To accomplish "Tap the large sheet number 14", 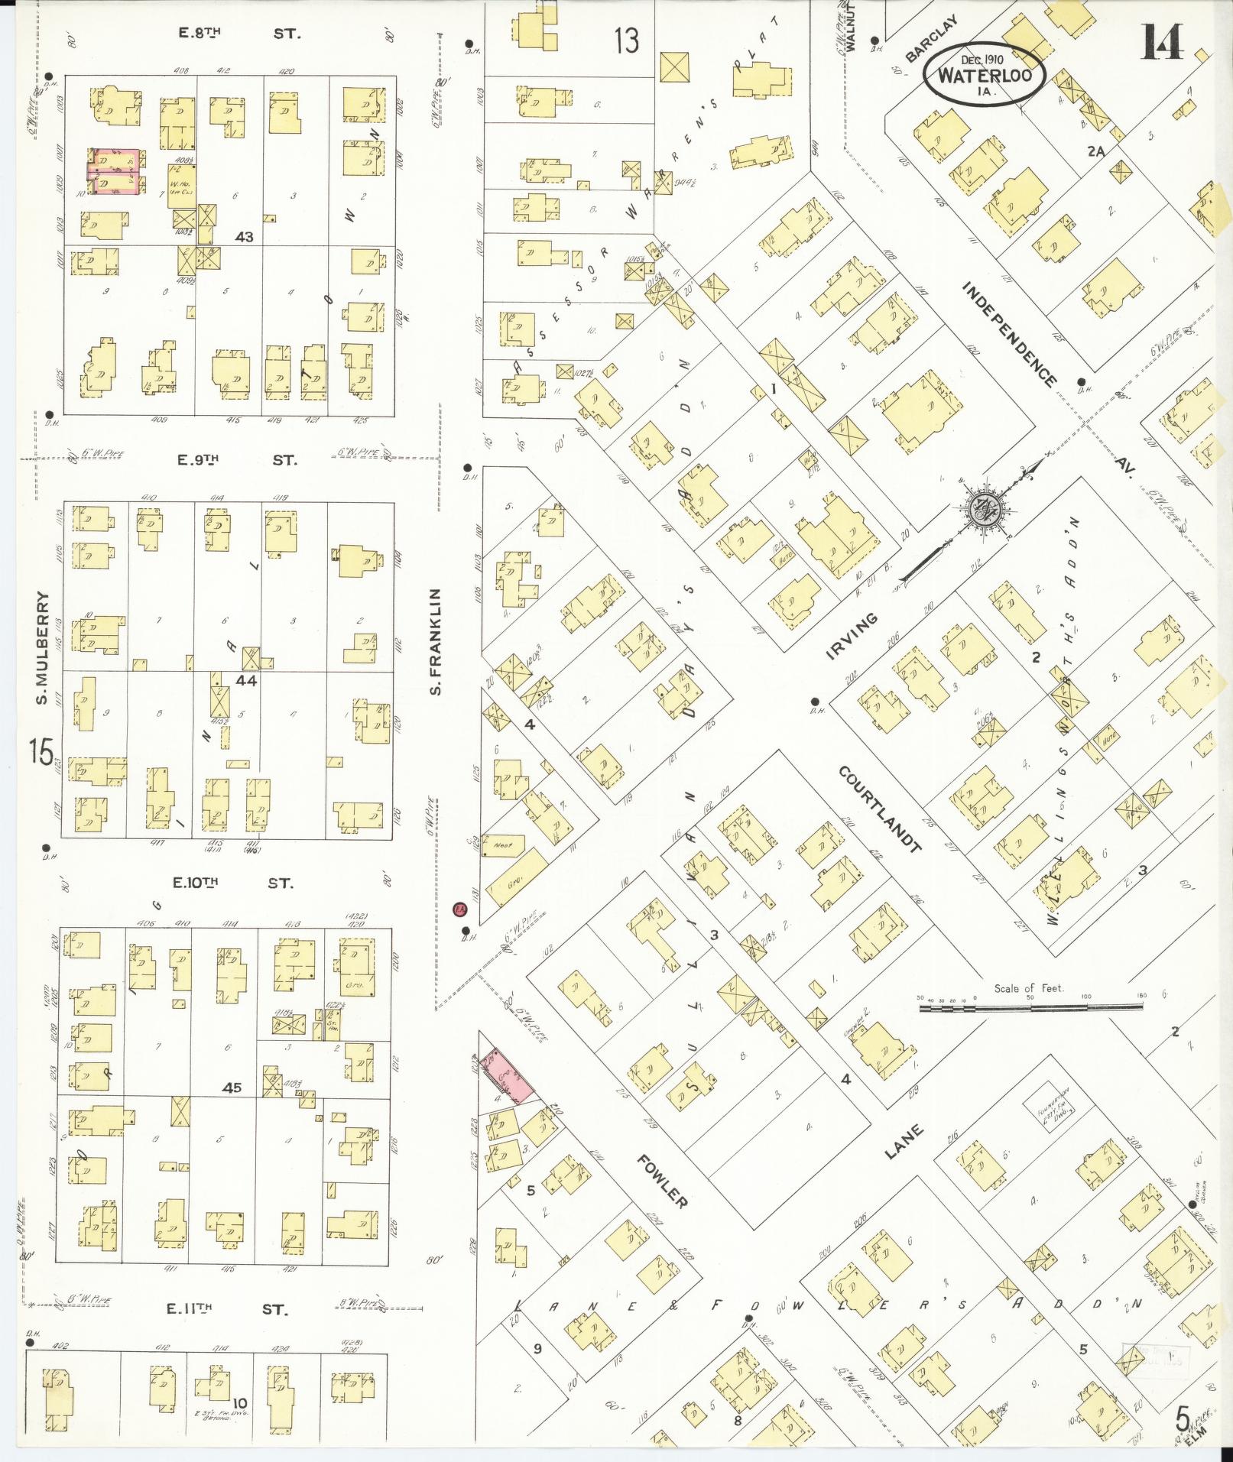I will click(x=1163, y=43).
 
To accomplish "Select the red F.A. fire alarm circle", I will click(x=459, y=909).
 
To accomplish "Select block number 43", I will click(x=244, y=237).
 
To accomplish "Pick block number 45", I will click(x=232, y=1088).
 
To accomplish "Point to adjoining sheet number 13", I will click(x=626, y=40).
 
